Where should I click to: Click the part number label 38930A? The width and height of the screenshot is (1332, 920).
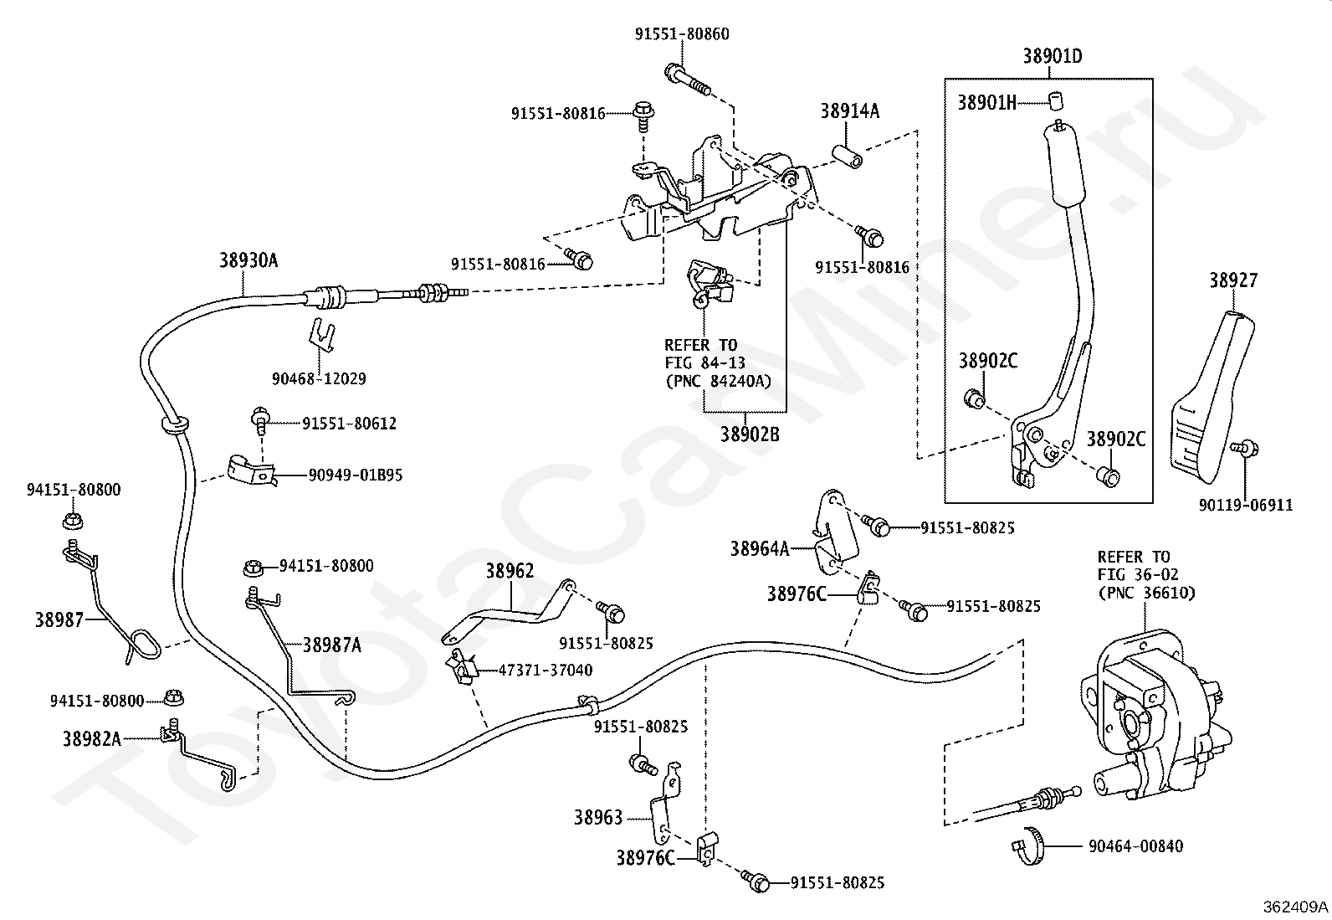248,260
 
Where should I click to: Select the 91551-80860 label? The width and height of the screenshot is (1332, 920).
681,34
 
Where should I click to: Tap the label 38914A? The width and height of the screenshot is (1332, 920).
850,111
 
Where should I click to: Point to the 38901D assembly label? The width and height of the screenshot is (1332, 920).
1053,56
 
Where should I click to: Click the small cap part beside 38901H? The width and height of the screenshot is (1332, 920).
1056,101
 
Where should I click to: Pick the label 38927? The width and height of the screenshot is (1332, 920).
1233,280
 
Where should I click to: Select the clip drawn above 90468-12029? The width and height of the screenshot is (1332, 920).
321,337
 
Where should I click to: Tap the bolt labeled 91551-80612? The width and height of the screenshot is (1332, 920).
260,419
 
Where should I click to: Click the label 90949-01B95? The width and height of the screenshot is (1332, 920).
356,475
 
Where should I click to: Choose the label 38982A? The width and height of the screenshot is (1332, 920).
92,739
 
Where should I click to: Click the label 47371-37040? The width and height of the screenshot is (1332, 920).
546,670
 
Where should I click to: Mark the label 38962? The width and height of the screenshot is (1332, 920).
510,571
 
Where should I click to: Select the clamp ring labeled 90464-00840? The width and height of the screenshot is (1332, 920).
1029,845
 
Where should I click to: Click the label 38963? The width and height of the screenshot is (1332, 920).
597,818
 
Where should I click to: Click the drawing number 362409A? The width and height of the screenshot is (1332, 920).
1295,907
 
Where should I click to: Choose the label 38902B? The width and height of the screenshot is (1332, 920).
750,434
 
